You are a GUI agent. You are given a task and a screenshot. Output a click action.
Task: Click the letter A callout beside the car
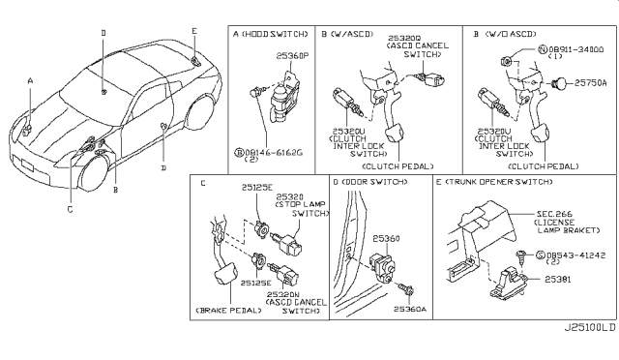click(x=30, y=80)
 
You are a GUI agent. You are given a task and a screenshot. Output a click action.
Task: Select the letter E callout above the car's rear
click(x=193, y=30)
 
